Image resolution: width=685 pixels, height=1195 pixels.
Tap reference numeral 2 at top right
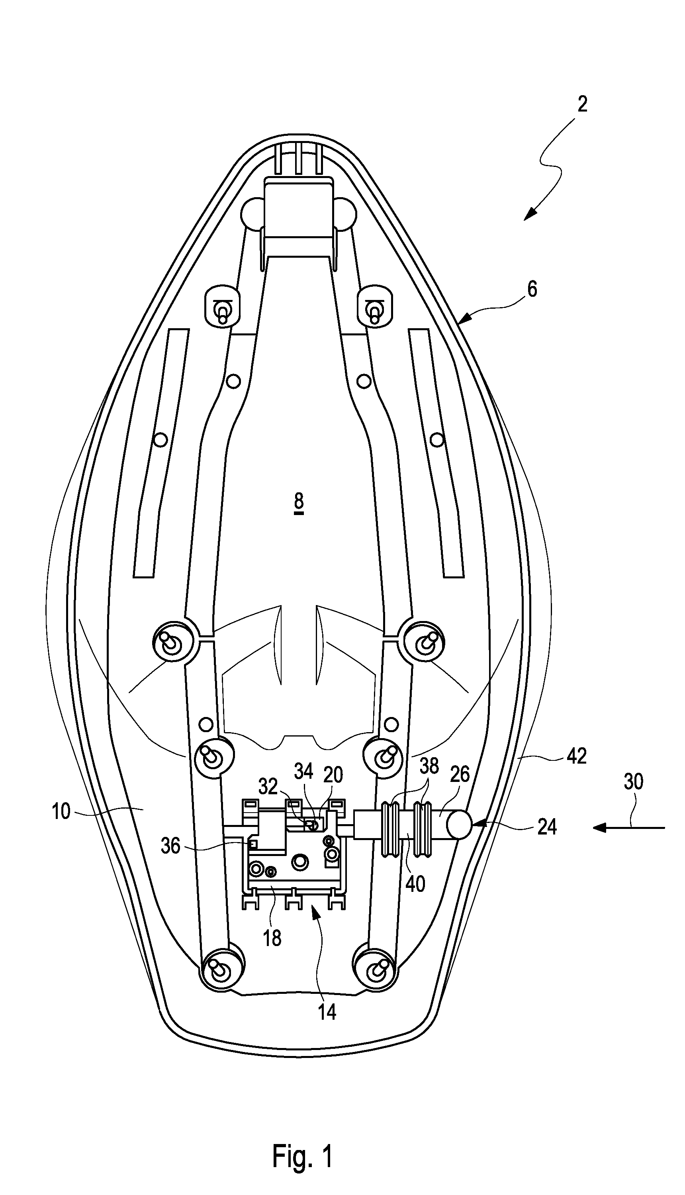(582, 104)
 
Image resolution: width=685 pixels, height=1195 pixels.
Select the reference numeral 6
(532, 290)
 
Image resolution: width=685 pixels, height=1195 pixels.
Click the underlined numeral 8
(299, 503)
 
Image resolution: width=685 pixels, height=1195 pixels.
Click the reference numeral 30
(633, 782)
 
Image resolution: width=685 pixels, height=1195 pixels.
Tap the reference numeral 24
(547, 826)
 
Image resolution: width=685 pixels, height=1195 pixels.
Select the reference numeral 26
(460, 775)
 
